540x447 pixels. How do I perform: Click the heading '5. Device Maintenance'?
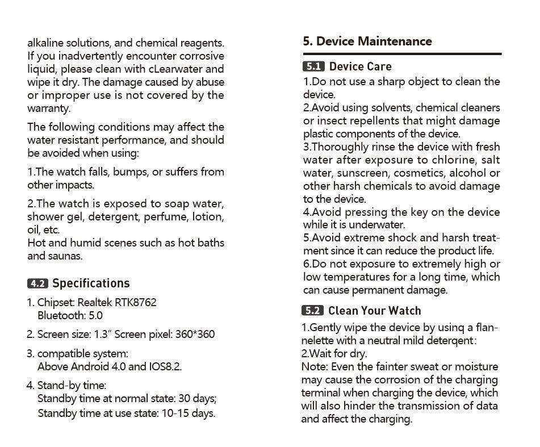pos(367,41)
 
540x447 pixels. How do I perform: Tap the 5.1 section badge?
pos(313,67)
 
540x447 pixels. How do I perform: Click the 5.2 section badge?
pos(313,311)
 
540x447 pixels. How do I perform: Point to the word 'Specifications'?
pos(91,283)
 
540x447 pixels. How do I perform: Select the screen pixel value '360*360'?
pos(195,334)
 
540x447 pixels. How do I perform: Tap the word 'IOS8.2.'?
pos(165,366)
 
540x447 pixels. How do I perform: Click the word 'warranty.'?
pos(49,108)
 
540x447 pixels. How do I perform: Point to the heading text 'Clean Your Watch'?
pos(375,311)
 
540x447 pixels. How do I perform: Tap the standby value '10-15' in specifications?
pos(173,413)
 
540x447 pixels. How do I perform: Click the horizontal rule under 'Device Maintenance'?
pos(402,54)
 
